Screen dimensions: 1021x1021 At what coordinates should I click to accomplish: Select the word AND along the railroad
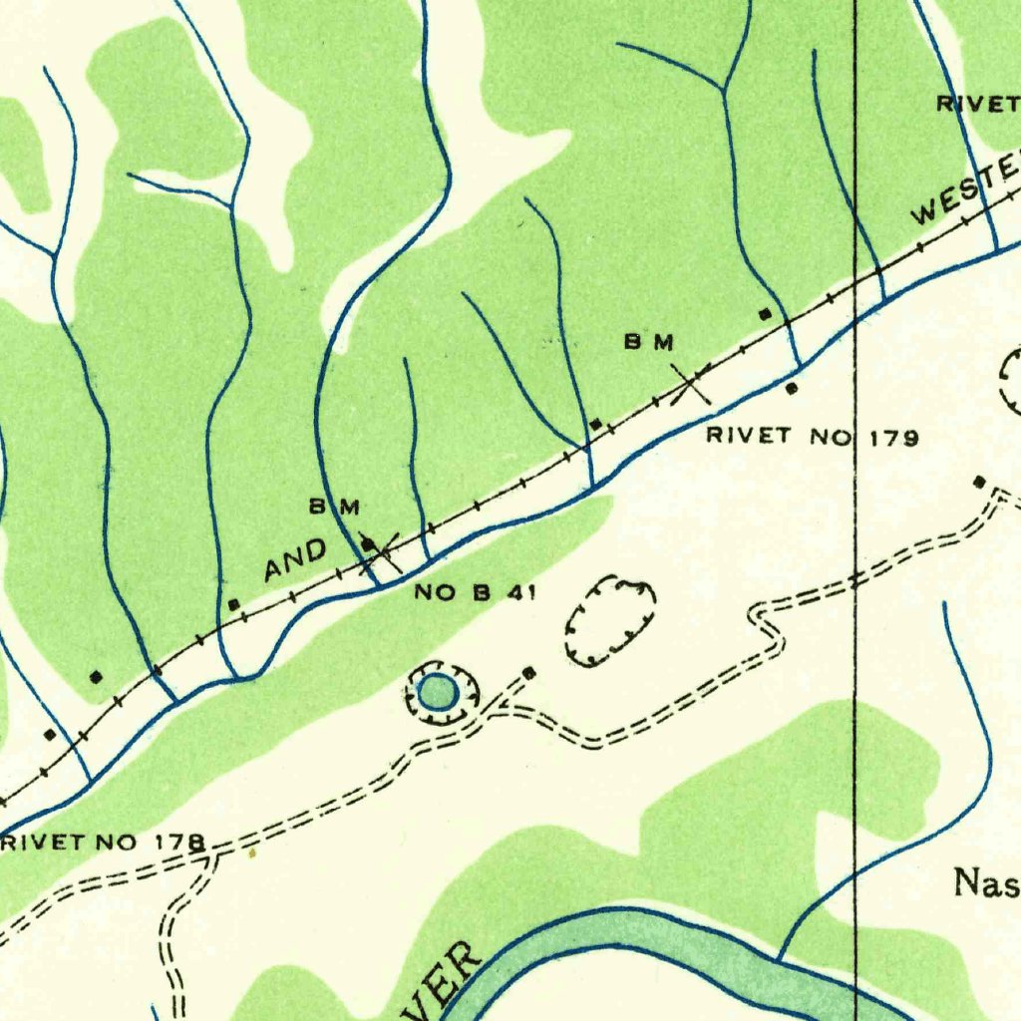[x=295, y=560]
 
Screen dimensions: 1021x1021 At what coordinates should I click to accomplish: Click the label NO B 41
[x=476, y=593]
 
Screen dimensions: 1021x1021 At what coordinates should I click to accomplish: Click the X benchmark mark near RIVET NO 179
[x=690, y=383]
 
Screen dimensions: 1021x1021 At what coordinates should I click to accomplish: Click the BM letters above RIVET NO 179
[x=649, y=343]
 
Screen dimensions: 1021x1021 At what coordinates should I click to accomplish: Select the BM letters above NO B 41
[x=333, y=508]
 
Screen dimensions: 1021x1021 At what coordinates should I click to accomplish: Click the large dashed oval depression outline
[x=610, y=620]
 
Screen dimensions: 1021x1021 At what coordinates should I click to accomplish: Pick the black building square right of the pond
[x=529, y=673]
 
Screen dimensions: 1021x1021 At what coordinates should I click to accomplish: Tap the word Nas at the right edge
[x=985, y=882]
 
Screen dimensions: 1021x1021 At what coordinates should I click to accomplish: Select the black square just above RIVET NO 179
[x=793, y=388]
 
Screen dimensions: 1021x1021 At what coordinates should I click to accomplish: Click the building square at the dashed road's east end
[x=979, y=483]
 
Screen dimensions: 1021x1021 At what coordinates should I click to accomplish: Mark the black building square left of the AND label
[x=233, y=604]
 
